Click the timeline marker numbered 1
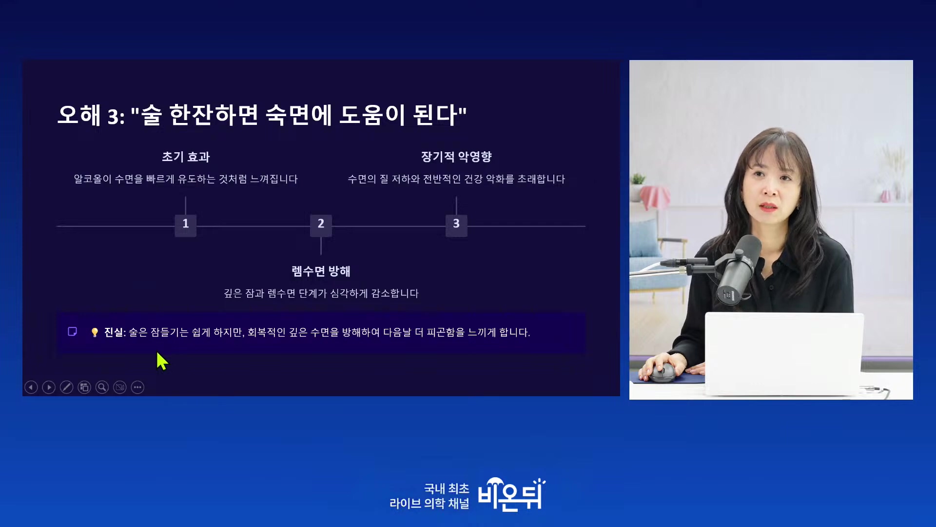click(x=185, y=225)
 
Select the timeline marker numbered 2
click(x=321, y=225)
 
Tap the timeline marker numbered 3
click(x=456, y=225)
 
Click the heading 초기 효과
click(x=186, y=157)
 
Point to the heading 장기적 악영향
click(x=456, y=157)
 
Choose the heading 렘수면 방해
click(x=321, y=271)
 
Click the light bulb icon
click(x=95, y=332)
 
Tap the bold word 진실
click(x=114, y=332)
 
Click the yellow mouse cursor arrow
click(x=162, y=362)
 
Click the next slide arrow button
click(x=49, y=387)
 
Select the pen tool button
click(x=66, y=387)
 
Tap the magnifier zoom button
click(x=102, y=387)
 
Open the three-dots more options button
click(x=137, y=387)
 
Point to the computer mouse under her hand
click(x=663, y=373)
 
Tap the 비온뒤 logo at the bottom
click(x=511, y=495)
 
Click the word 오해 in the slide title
click(x=79, y=115)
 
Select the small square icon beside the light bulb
click(x=72, y=332)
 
